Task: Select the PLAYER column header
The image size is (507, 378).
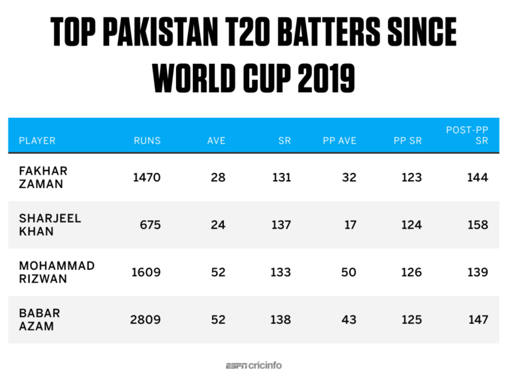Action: (37, 141)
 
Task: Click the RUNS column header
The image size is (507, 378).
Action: (147, 141)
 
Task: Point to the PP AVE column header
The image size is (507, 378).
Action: (340, 141)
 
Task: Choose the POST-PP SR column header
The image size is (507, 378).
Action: (467, 135)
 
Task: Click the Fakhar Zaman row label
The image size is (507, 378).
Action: (43, 177)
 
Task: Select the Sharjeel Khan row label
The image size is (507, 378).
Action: (50, 225)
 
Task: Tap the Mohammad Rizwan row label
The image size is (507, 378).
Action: (57, 272)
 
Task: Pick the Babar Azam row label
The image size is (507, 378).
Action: (40, 319)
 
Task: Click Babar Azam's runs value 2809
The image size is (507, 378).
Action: (145, 320)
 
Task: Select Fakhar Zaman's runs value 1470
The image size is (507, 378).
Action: (146, 178)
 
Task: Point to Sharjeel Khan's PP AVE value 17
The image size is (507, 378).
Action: (350, 225)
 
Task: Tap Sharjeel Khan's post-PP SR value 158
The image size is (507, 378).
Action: (477, 225)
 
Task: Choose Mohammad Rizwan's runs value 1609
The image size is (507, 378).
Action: (146, 273)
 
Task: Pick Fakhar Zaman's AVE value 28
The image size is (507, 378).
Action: (218, 178)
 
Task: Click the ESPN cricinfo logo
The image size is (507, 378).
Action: (253, 365)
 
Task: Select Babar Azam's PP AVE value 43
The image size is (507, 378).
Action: (349, 320)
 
